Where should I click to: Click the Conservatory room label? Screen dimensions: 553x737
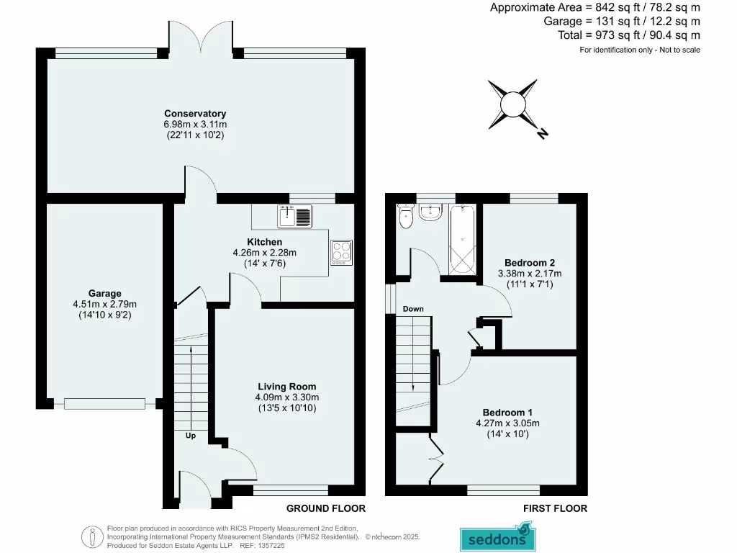tap(195, 113)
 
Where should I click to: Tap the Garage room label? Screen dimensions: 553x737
tap(104, 293)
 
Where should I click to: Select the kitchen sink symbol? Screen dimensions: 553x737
tap(295, 215)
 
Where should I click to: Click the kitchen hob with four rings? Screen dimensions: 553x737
tap(340, 252)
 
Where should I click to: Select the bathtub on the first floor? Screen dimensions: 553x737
tap(462, 240)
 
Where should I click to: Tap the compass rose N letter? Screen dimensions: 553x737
tap(543, 133)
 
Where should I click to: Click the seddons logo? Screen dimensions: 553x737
tap(497, 537)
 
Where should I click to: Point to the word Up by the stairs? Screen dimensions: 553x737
tap(191, 436)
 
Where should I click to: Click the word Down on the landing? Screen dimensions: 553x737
tap(413, 309)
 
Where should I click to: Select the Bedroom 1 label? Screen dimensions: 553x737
tap(507, 412)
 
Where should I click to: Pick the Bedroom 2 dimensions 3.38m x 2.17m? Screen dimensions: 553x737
tap(530, 274)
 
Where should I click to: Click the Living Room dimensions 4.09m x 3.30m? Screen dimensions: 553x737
tap(286, 397)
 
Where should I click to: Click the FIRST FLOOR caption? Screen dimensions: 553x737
tap(555, 508)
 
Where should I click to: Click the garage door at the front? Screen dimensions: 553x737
tap(104, 403)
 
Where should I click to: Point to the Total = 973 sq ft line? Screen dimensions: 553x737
tap(628, 35)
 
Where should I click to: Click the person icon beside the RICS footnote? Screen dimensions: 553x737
tap(93, 536)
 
